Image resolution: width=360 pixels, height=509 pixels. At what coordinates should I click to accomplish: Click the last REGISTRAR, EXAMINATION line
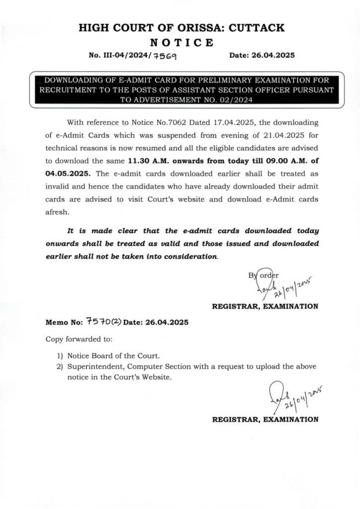point(265,420)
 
